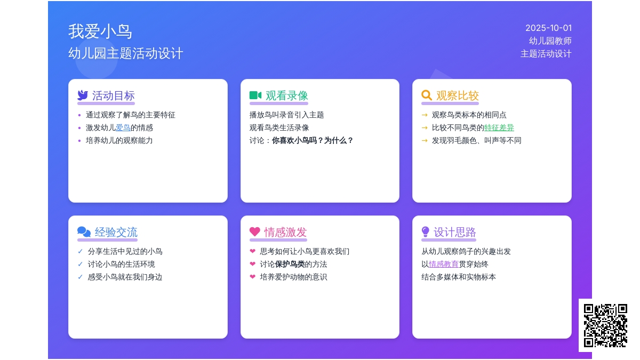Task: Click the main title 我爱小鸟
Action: (100, 31)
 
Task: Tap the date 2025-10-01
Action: (548, 28)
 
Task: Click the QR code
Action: (605, 326)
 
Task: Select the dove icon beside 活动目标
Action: (83, 95)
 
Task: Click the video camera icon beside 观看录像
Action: (255, 95)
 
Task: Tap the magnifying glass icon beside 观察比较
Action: (427, 95)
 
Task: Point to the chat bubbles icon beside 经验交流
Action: (84, 231)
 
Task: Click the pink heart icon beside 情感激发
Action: (255, 231)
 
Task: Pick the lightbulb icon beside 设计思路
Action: (425, 231)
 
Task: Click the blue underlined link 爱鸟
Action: (123, 127)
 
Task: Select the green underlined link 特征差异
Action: (499, 127)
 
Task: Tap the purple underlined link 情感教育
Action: (443, 265)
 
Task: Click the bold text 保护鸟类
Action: (290, 265)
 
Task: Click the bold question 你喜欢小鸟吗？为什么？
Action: (313, 141)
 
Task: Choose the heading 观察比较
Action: (458, 95)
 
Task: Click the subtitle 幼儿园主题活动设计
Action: (126, 54)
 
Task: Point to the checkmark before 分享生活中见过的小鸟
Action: (80, 251)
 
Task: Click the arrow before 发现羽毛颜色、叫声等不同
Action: (425, 141)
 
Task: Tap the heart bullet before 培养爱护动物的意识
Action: (253, 277)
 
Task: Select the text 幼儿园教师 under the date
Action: (550, 41)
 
